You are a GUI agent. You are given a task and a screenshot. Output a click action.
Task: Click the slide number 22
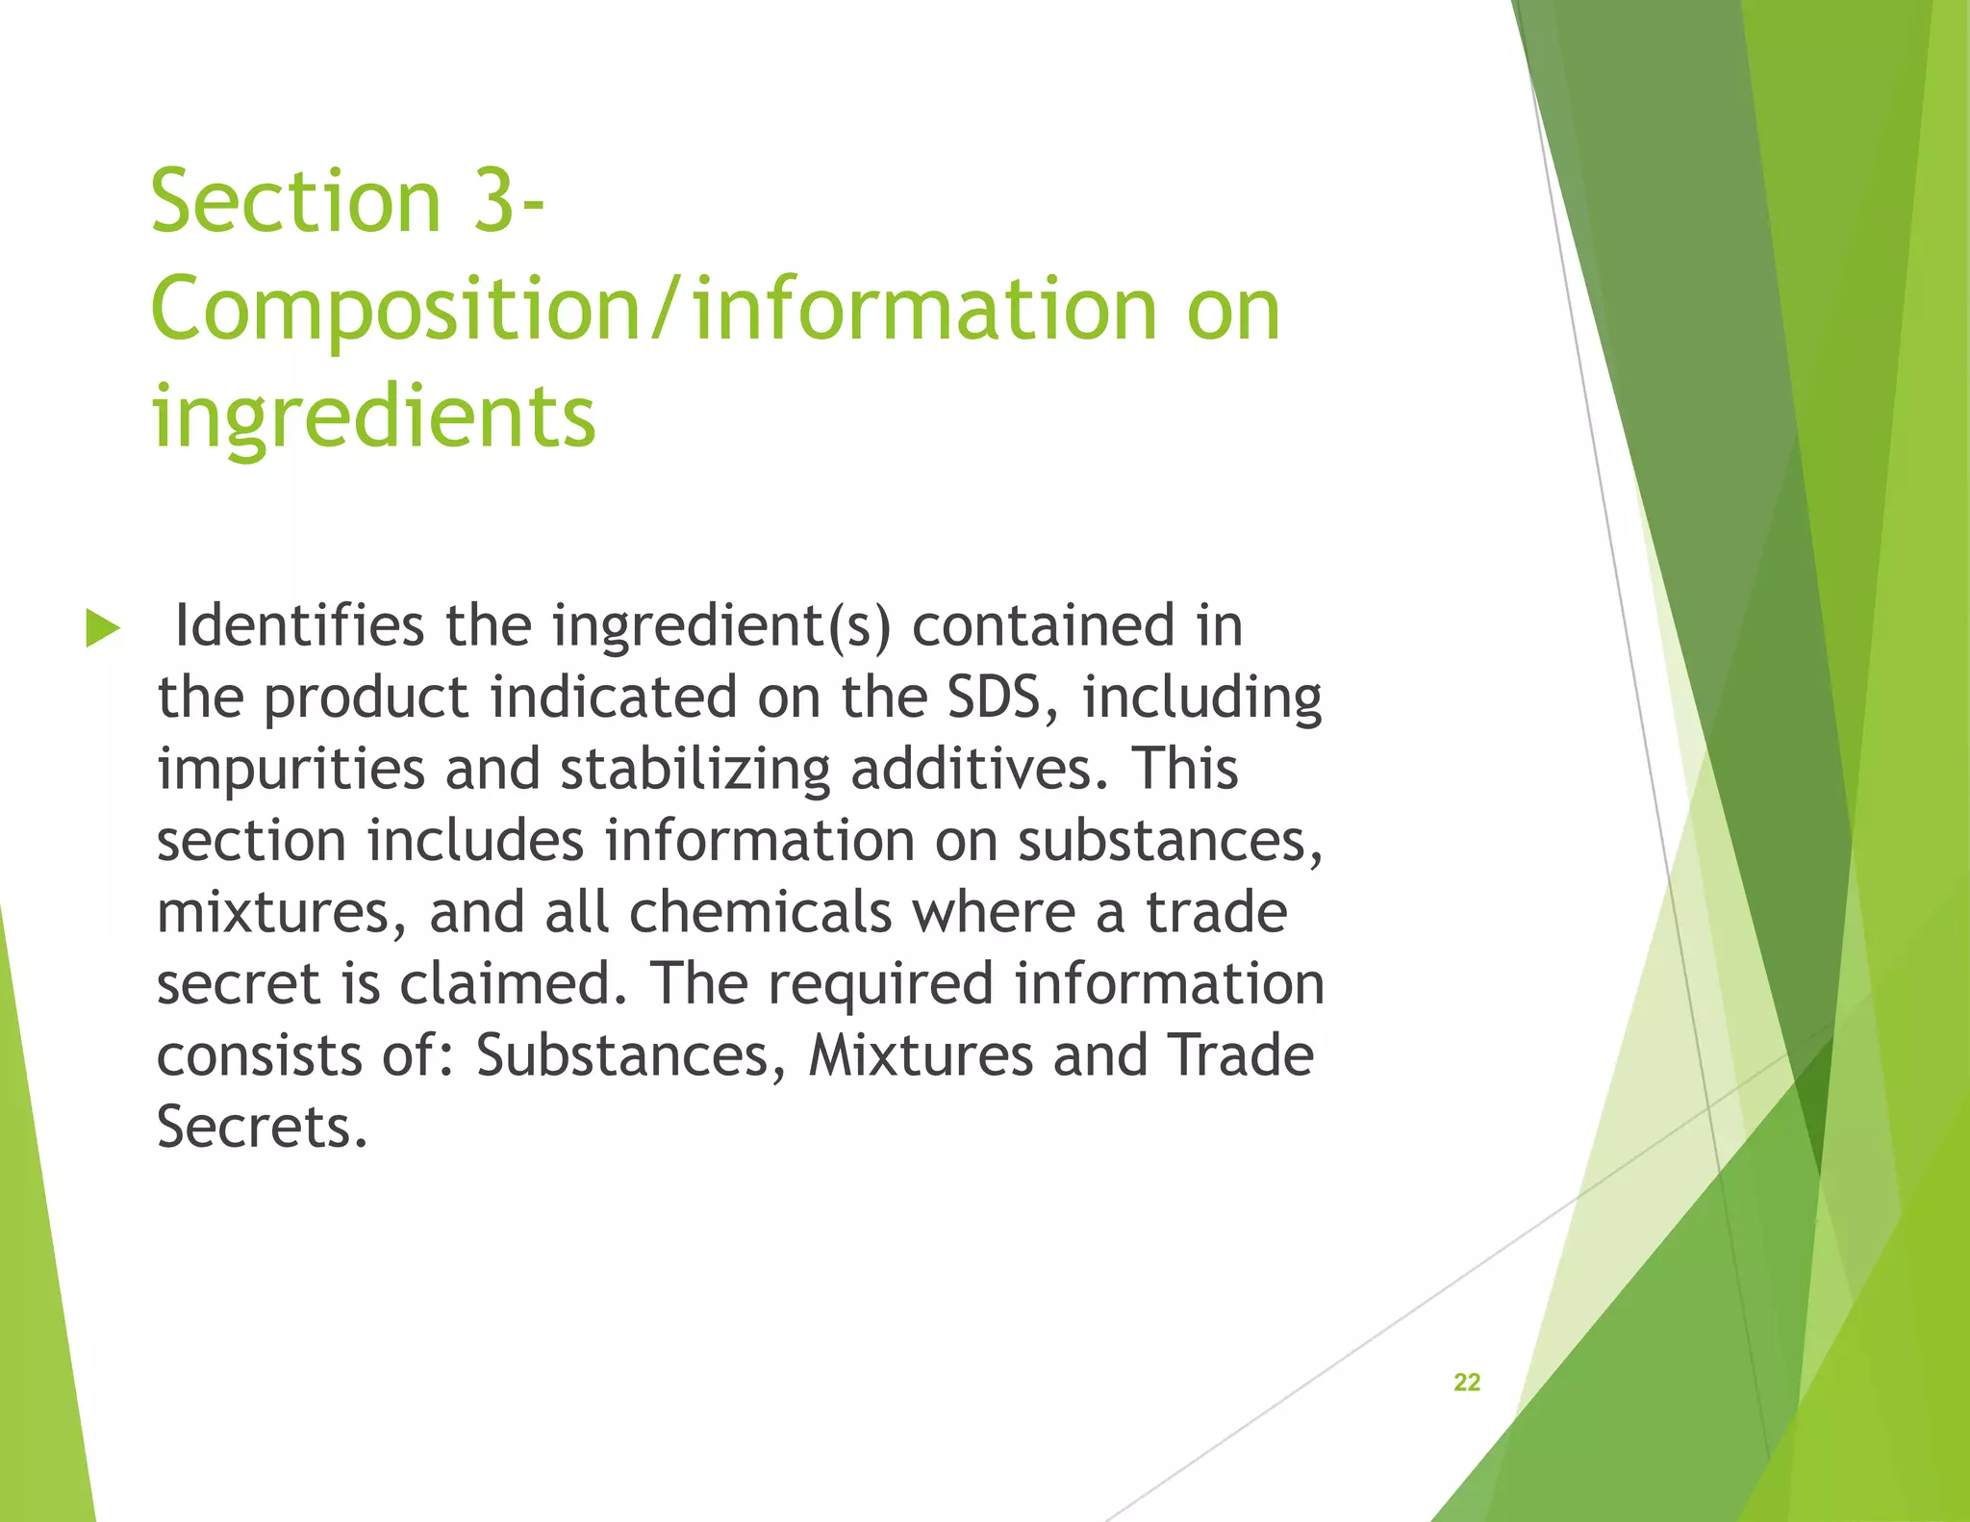(1466, 1382)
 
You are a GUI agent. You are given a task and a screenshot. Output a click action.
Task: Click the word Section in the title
(295, 201)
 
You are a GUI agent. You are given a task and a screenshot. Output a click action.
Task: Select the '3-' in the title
(509, 201)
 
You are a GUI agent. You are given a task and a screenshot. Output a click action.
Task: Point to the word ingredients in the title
(373, 417)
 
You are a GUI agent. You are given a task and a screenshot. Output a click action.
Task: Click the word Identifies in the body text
(298, 625)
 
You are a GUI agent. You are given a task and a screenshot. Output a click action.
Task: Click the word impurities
(290, 770)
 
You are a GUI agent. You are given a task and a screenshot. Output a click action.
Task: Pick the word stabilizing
(695, 770)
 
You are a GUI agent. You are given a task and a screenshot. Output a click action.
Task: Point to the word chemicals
(761, 912)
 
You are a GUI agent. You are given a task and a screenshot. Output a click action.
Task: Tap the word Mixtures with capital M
(921, 1055)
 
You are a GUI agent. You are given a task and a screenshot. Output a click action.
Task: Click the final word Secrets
(262, 1127)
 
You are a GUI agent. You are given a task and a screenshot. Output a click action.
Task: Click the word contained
(1043, 625)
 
